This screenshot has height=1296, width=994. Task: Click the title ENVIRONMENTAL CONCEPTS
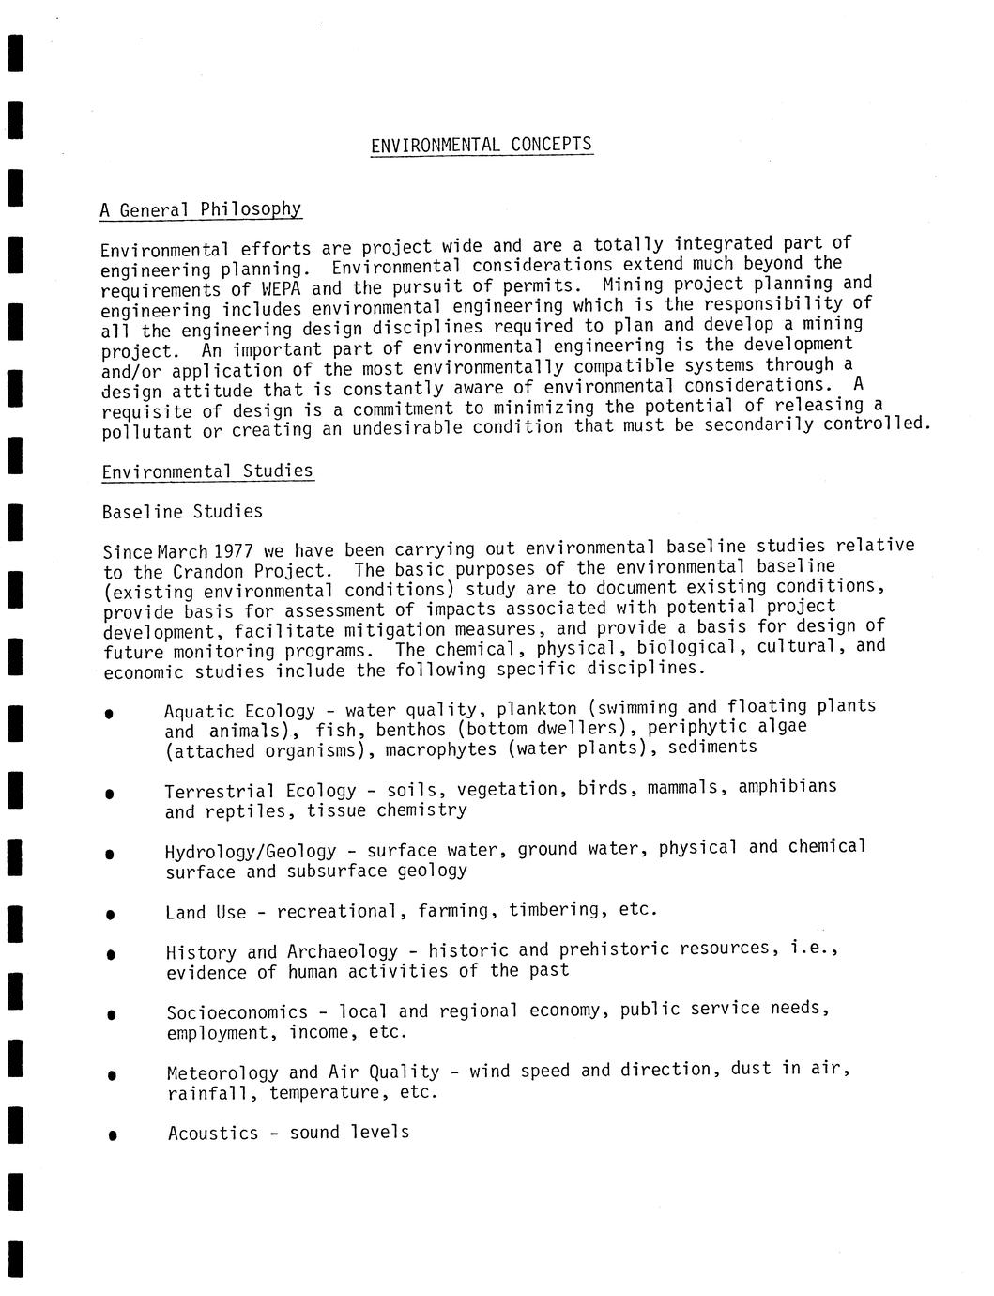(482, 145)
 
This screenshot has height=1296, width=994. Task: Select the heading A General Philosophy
(201, 209)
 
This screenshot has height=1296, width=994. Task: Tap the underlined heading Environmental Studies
(207, 471)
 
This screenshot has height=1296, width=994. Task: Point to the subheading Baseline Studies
(182, 512)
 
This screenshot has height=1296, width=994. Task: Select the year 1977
(234, 550)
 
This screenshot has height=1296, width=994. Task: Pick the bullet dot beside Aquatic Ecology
(110, 714)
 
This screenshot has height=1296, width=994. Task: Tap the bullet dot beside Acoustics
(113, 1135)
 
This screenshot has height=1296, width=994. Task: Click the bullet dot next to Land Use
(111, 914)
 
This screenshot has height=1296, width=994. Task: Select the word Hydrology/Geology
(251, 852)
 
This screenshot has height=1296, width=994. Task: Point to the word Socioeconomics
(237, 1012)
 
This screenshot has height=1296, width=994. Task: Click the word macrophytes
(441, 749)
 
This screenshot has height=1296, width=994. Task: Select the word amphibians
(787, 786)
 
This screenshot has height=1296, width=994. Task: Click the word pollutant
(146, 431)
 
